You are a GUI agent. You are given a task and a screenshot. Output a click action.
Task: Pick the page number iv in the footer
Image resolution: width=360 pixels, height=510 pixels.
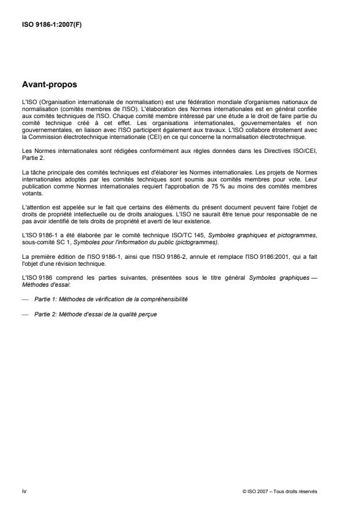(24, 491)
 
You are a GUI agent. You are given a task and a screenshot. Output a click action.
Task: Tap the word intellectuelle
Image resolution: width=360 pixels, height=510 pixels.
(95, 214)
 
